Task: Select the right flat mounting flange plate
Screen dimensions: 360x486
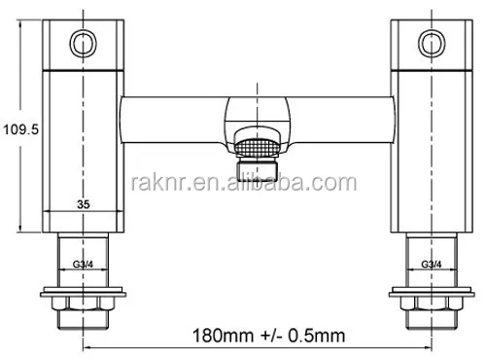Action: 427,291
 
